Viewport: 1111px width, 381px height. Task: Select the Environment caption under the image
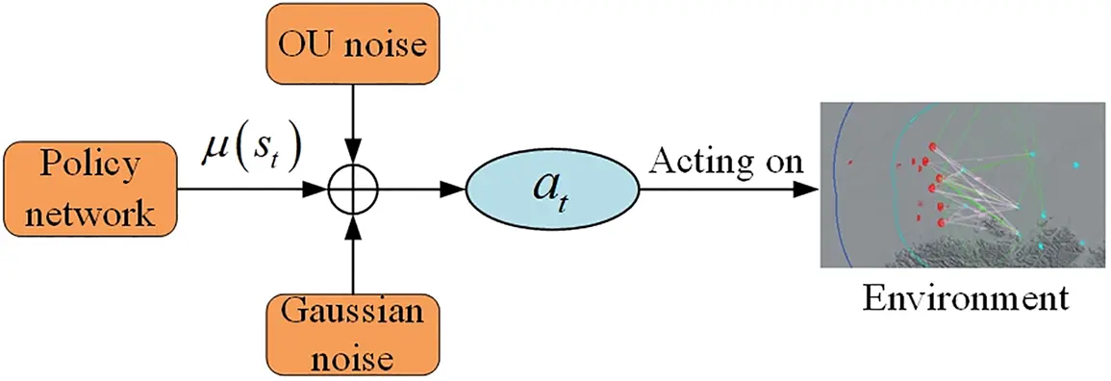point(964,296)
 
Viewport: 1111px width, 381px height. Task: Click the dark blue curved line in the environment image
point(839,173)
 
